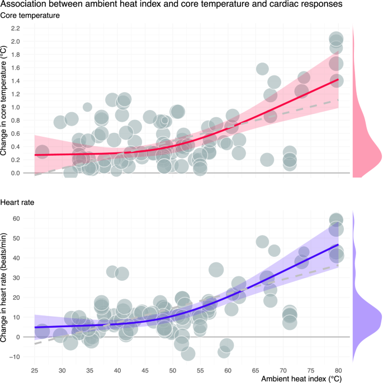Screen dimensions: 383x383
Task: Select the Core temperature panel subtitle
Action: pos(30,16)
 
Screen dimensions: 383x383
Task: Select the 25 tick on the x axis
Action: pos(35,369)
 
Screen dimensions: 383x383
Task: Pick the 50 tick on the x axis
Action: pos(172,369)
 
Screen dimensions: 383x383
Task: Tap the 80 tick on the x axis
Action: pos(338,369)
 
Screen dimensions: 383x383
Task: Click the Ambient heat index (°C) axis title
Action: pos(304,379)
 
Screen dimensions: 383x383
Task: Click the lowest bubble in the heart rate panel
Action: pos(188,353)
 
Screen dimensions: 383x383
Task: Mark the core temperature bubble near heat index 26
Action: pos(42,151)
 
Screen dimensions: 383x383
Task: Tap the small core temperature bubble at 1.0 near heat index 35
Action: pos(87,107)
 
